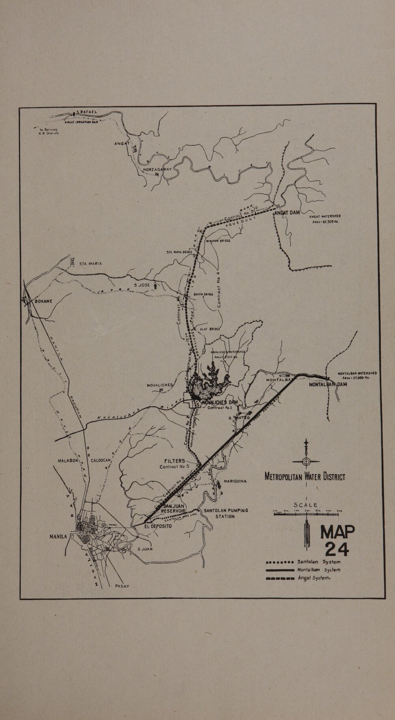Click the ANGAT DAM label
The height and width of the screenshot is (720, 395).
point(287,212)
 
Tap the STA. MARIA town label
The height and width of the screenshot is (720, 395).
point(90,263)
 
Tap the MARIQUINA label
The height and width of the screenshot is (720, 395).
point(235,481)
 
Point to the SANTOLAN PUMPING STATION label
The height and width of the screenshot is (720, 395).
point(226,513)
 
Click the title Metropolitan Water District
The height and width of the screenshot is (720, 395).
point(305,477)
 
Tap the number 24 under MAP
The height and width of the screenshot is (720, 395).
point(337,549)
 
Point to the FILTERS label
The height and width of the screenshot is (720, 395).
point(175,461)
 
